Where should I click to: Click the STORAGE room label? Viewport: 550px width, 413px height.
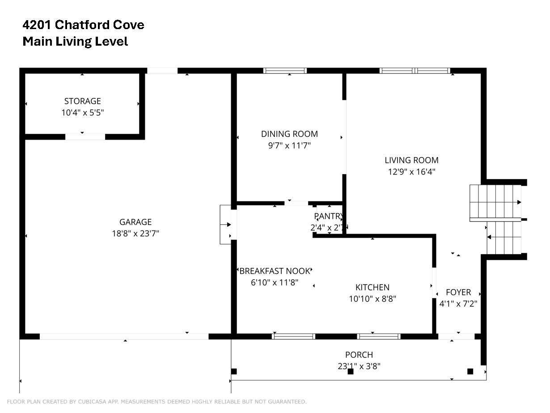coord(82,101)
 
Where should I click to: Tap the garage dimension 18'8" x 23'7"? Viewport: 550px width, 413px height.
coord(135,234)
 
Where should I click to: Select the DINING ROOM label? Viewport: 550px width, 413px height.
coord(289,134)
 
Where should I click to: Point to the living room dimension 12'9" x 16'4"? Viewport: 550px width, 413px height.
coord(411,172)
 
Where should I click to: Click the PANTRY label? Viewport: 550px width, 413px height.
coord(329,216)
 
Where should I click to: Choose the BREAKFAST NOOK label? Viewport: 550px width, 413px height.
coord(275,271)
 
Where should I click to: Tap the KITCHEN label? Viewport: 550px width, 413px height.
coord(372,287)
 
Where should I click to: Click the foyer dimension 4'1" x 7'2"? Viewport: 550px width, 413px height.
coord(458,304)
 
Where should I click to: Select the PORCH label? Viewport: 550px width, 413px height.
coord(359,355)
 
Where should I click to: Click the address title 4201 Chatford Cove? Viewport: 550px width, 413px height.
coord(83,25)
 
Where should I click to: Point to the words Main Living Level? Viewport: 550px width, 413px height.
coord(75,41)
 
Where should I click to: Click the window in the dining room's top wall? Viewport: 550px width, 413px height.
coord(285,71)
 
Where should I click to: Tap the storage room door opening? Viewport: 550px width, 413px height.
coord(85,136)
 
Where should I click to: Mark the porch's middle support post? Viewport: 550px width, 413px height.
coord(350,371)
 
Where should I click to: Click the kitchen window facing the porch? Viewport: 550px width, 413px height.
coord(379,336)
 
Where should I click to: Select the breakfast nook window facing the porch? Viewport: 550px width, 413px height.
coord(293,336)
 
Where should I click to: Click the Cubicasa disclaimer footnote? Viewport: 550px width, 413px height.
coord(157,402)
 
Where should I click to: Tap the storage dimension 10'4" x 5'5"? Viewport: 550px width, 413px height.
coord(82,113)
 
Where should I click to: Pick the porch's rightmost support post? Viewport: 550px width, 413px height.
coord(470,371)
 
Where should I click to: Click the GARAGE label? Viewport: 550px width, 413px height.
coord(135,222)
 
